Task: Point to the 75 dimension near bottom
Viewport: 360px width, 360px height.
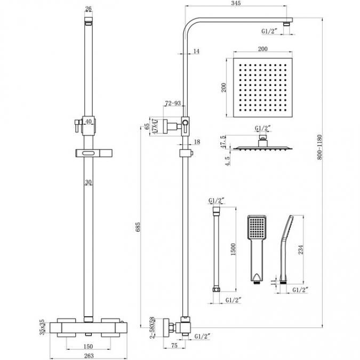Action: (x=175, y=345)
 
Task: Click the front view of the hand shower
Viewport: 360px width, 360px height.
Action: (x=256, y=247)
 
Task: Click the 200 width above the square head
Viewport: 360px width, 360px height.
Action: (x=261, y=48)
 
